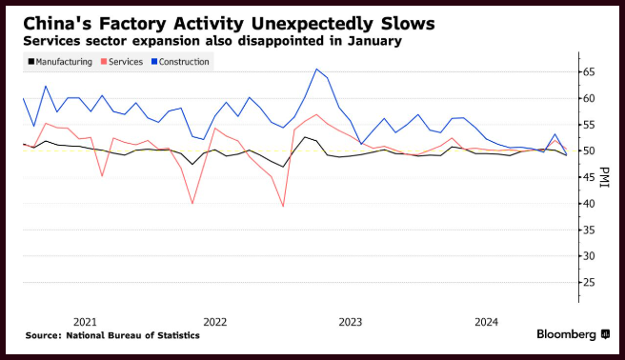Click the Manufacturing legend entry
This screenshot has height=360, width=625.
(60, 62)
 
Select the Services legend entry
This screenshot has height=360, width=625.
(122, 62)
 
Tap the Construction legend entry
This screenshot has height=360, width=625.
(180, 62)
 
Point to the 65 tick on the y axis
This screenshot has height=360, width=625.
(589, 72)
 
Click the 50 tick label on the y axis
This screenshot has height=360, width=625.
(589, 150)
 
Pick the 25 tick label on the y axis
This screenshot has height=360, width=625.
(589, 283)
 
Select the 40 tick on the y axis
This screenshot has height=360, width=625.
(589, 204)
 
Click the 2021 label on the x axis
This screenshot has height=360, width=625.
(85, 322)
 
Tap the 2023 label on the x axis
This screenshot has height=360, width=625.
(351, 322)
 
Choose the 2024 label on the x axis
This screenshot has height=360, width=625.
(486, 322)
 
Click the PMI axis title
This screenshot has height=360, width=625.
(604, 177)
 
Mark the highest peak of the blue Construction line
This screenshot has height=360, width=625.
(316, 69)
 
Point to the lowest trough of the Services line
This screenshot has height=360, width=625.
(283, 207)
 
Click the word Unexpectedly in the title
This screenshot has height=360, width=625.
(312, 24)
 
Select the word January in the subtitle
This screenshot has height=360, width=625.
(374, 41)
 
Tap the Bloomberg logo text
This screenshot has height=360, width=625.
(566, 334)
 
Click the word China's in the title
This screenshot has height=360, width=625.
(58, 24)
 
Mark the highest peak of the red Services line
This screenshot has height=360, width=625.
(316, 114)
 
